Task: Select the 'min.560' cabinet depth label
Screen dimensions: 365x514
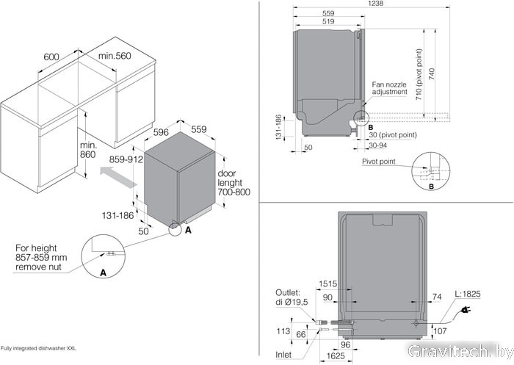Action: pos(115,57)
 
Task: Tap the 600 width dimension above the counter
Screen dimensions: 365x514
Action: pos(51,57)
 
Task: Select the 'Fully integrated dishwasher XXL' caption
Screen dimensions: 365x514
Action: pos(38,347)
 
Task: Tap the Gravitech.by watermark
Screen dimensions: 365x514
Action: pos(461,350)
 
